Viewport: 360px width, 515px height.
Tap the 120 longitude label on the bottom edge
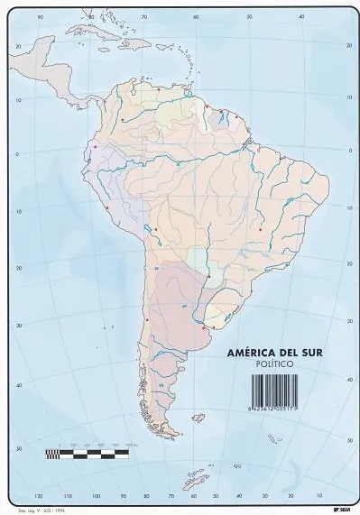[x=38, y=495]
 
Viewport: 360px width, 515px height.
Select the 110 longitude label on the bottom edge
[x=67, y=495]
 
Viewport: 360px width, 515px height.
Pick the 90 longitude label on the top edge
[x=40, y=17]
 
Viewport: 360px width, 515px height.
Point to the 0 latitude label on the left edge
[x=17, y=154]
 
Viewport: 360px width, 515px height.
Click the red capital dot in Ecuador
[x=96, y=146]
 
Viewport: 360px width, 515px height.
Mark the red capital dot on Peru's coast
[x=107, y=208]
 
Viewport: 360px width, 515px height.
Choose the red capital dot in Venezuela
[x=159, y=89]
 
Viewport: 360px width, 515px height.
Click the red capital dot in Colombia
[x=123, y=119]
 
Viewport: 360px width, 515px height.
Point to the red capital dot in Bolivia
[x=155, y=229]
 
